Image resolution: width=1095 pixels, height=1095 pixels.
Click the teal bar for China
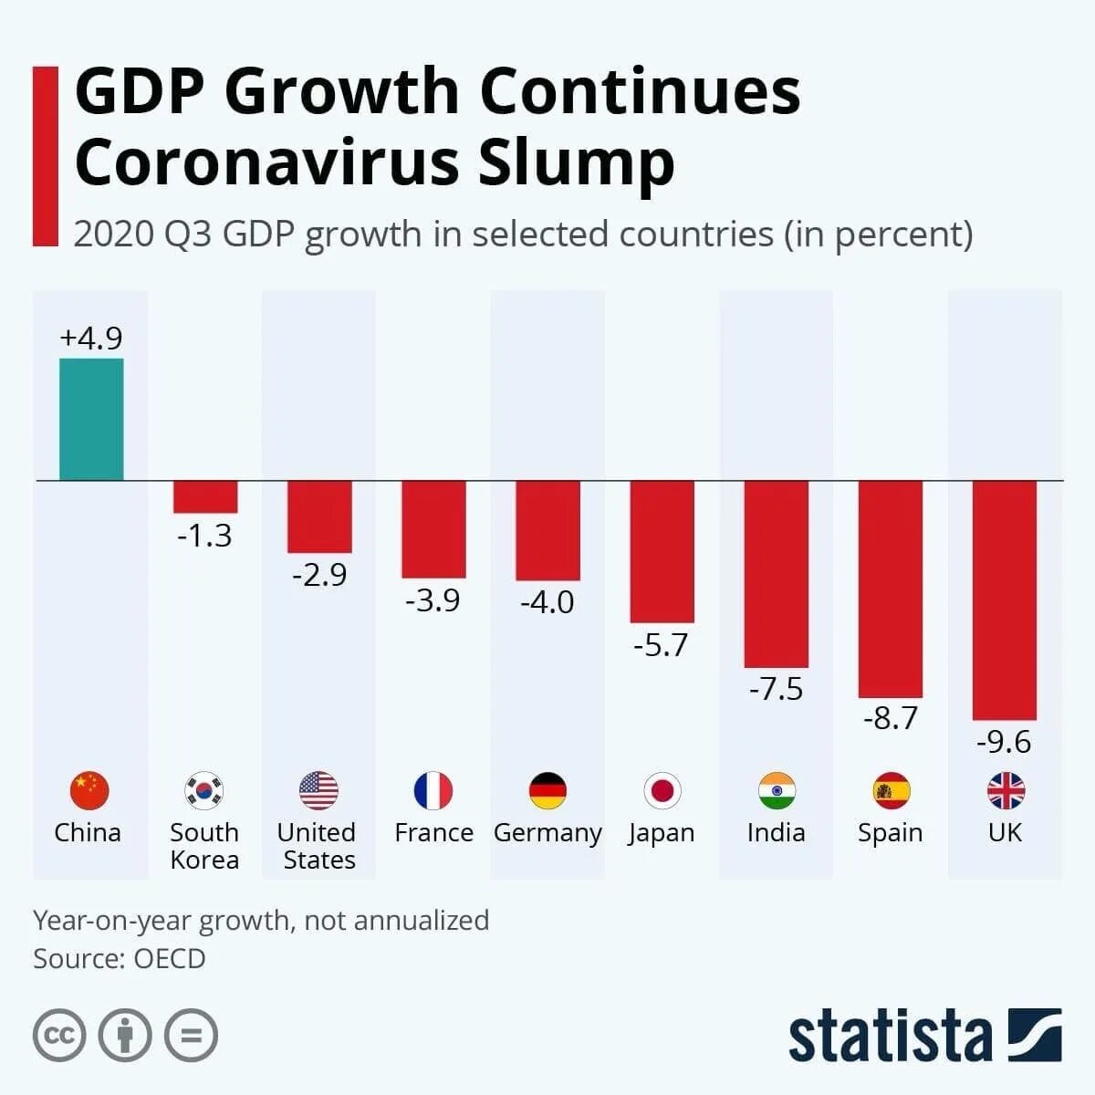[91, 419]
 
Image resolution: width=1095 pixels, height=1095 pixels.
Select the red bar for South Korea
[205, 496]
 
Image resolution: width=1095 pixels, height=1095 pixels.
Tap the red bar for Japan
[662, 551]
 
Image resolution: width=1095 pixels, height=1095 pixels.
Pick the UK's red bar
[1004, 600]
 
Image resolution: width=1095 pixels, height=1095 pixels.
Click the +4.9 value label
[91, 339]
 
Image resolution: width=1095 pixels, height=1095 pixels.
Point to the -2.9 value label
[319, 575]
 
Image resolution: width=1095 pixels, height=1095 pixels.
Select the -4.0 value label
[547, 602]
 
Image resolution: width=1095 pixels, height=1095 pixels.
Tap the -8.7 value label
[890, 718]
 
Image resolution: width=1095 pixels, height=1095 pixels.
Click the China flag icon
[89, 790]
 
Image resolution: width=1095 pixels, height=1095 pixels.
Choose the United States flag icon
[318, 790]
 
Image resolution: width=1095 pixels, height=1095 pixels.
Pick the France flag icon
[433, 790]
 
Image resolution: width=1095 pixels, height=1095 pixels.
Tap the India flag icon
[777, 790]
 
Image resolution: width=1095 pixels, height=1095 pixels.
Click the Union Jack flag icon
[1006, 790]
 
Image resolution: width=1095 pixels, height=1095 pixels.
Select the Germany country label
[547, 833]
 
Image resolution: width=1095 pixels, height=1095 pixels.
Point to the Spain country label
[890, 833]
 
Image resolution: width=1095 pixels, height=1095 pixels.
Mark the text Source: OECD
[120, 959]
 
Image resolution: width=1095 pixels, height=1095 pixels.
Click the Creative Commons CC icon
[59, 1036]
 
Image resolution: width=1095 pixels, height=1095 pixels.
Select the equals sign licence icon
[192, 1036]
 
